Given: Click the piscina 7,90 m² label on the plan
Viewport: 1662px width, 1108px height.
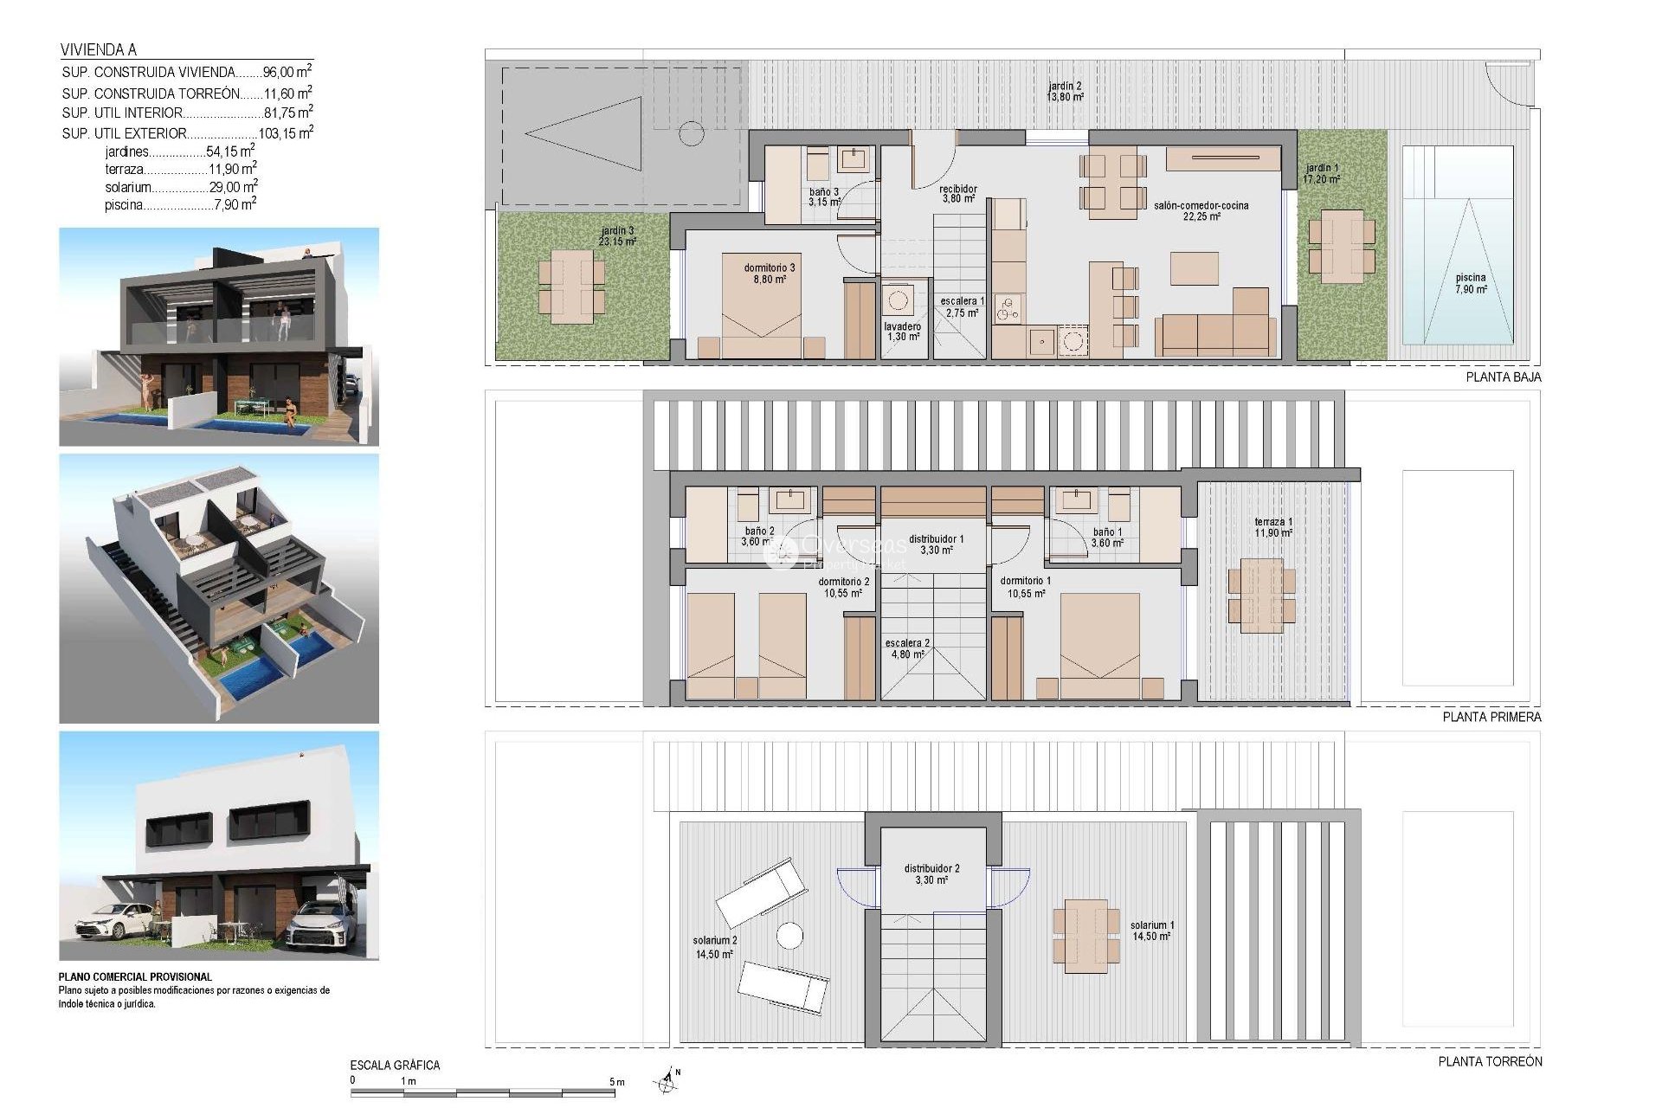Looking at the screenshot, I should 1470,283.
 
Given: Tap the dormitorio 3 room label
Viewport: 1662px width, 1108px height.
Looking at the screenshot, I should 769,274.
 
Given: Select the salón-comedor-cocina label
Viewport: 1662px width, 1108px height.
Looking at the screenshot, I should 1201,211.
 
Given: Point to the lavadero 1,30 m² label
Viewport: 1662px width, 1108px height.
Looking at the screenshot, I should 902,332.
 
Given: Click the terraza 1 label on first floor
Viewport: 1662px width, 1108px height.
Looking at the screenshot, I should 1272,527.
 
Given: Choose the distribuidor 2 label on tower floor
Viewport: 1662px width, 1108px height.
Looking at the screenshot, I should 931,873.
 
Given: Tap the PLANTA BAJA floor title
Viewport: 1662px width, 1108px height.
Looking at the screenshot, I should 1503,377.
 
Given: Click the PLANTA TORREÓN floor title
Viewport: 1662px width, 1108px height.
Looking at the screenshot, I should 1490,1061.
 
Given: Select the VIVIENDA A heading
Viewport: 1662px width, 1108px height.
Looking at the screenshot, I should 98,50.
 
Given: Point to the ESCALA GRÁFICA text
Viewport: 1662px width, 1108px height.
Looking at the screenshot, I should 395,1066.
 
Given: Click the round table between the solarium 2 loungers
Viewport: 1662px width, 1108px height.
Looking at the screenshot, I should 789,936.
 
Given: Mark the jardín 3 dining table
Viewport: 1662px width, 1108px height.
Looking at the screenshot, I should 571,286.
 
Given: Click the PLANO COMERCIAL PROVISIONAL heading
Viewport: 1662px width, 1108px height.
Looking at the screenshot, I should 135,976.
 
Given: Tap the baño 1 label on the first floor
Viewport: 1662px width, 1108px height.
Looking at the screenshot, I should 1106,538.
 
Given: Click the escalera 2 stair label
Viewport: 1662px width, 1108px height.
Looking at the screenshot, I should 906,648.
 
